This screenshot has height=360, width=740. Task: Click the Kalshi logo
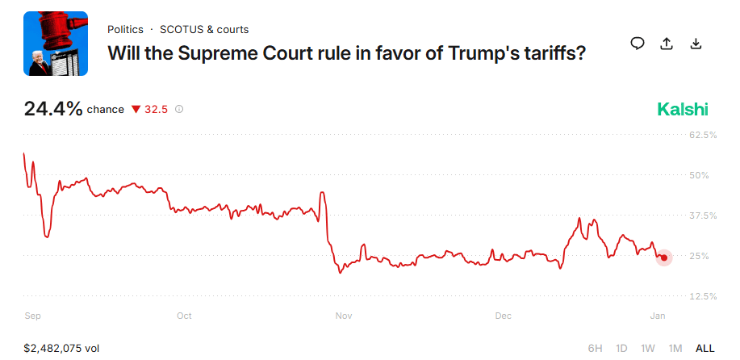pyautogui.click(x=683, y=109)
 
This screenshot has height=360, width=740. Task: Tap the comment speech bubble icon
pyautogui.click(x=638, y=44)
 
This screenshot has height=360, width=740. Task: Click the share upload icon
pyautogui.click(x=667, y=44)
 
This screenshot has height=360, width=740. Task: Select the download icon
pyautogui.click(x=696, y=44)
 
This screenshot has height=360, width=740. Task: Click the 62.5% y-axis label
pyautogui.click(x=703, y=135)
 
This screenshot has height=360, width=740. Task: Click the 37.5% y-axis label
pyautogui.click(x=703, y=216)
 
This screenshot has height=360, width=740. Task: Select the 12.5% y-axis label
pyautogui.click(x=703, y=296)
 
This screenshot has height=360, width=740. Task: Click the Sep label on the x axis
pyautogui.click(x=32, y=316)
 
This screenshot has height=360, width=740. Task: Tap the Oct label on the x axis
pyautogui.click(x=184, y=316)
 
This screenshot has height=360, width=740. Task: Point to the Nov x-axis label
pyautogui.click(x=344, y=316)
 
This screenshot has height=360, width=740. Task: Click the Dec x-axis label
pyautogui.click(x=504, y=316)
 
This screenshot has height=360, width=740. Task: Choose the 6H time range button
pyautogui.click(x=595, y=348)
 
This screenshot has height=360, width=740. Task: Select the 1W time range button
pyautogui.click(x=648, y=348)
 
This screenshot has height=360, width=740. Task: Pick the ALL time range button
pyautogui.click(x=704, y=348)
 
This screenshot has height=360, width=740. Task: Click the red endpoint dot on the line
pyautogui.click(x=663, y=257)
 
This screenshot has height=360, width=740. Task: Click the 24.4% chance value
pyautogui.click(x=53, y=109)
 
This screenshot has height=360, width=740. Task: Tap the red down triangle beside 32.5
pyautogui.click(x=136, y=109)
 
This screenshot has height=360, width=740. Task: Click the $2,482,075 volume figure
pyautogui.click(x=61, y=348)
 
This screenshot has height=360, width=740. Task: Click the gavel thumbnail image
pyautogui.click(x=56, y=44)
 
